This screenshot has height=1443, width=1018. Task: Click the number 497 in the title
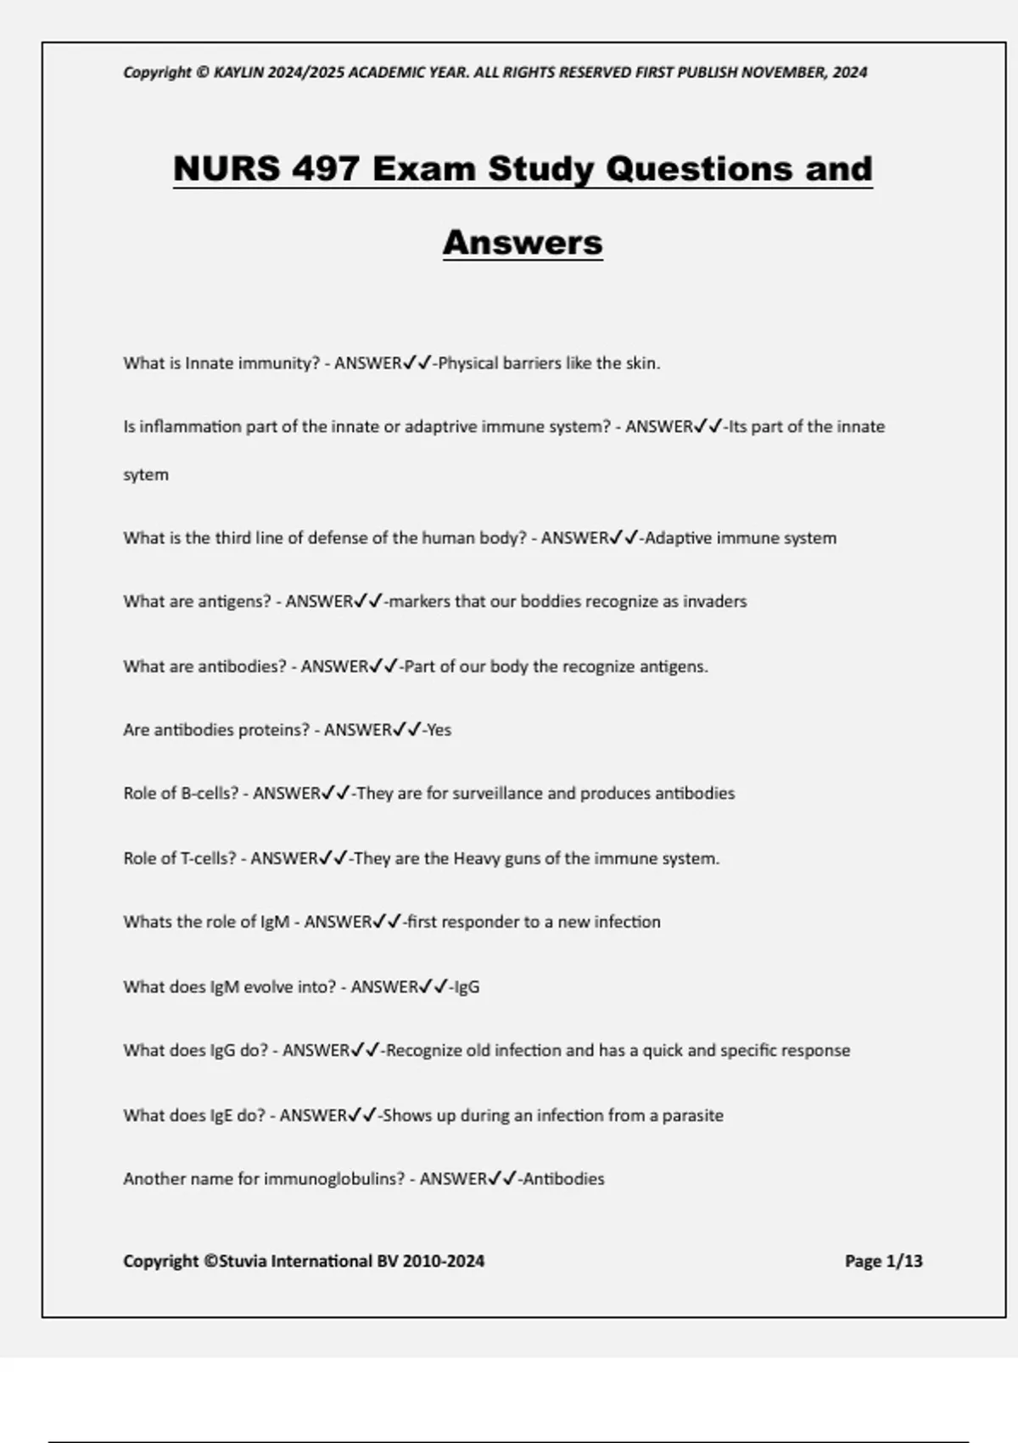click(325, 168)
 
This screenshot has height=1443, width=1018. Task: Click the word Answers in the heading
click(523, 242)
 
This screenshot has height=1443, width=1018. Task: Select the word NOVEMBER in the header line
click(781, 72)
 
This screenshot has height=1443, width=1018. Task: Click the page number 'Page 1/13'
click(883, 1261)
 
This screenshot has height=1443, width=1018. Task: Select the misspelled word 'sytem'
click(146, 474)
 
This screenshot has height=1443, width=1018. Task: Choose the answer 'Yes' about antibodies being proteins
click(439, 730)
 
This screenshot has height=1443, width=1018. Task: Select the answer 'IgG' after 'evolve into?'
click(467, 987)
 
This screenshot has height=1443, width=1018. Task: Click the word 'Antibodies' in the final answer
click(563, 1179)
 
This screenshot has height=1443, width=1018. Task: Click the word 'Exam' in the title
click(423, 168)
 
